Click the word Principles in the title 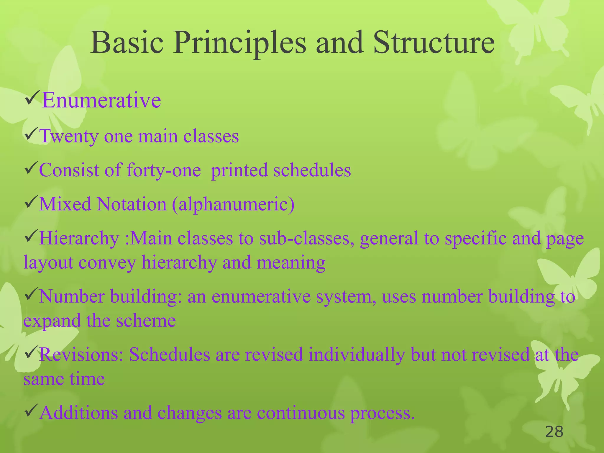(x=239, y=44)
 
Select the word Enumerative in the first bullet (x=101, y=100)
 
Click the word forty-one (x=164, y=170)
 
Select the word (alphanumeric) (x=233, y=204)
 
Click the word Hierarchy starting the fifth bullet (x=79, y=238)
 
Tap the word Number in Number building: (x=72, y=296)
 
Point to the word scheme (x=146, y=320)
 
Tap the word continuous (x=301, y=413)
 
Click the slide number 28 (x=554, y=432)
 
